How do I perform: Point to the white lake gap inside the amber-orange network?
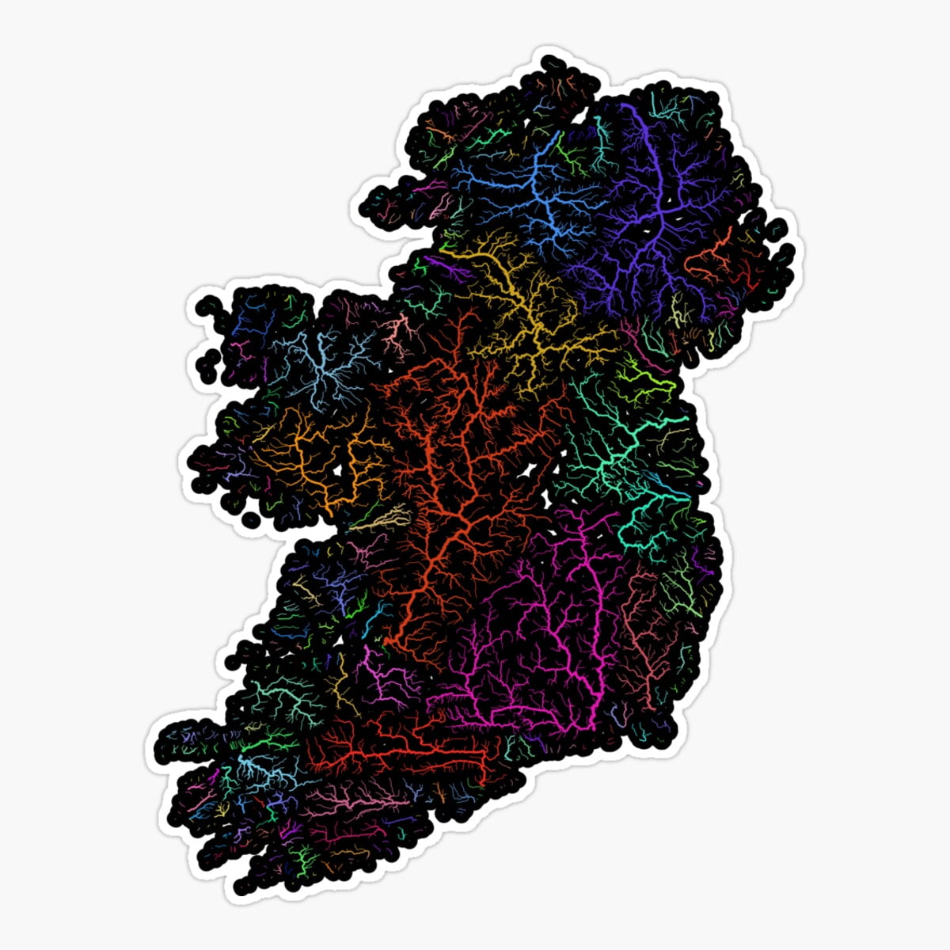click(340, 470)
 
